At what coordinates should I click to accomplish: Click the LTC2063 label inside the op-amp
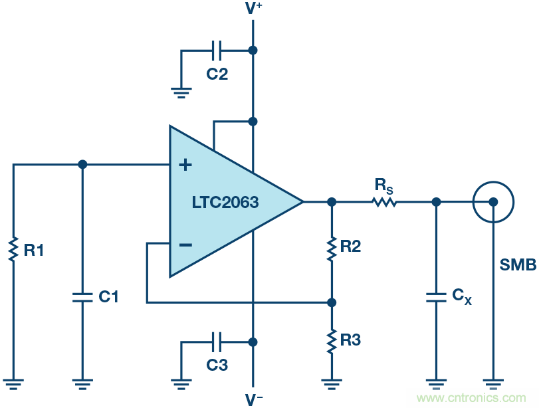(x=225, y=201)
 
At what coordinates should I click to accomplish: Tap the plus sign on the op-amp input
(x=185, y=165)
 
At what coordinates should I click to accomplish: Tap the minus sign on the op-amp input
(x=185, y=245)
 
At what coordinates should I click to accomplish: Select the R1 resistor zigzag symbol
(x=13, y=251)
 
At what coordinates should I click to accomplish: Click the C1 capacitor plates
(x=82, y=296)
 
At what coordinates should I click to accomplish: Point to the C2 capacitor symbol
(x=217, y=50)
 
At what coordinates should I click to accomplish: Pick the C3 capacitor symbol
(x=217, y=342)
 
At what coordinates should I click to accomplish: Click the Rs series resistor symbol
(x=384, y=201)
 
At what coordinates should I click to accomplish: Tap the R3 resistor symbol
(x=332, y=341)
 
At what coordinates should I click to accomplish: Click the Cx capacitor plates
(x=436, y=296)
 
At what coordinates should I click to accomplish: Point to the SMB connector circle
(x=492, y=201)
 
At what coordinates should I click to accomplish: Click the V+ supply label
(x=253, y=9)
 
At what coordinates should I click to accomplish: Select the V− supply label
(x=253, y=399)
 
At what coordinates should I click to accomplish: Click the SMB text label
(x=518, y=266)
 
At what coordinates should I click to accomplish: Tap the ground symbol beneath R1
(x=13, y=383)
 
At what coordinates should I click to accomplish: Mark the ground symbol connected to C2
(x=181, y=91)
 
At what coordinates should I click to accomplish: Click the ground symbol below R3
(x=332, y=383)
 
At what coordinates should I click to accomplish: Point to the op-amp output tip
(x=303, y=201)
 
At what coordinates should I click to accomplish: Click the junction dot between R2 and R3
(x=332, y=302)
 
